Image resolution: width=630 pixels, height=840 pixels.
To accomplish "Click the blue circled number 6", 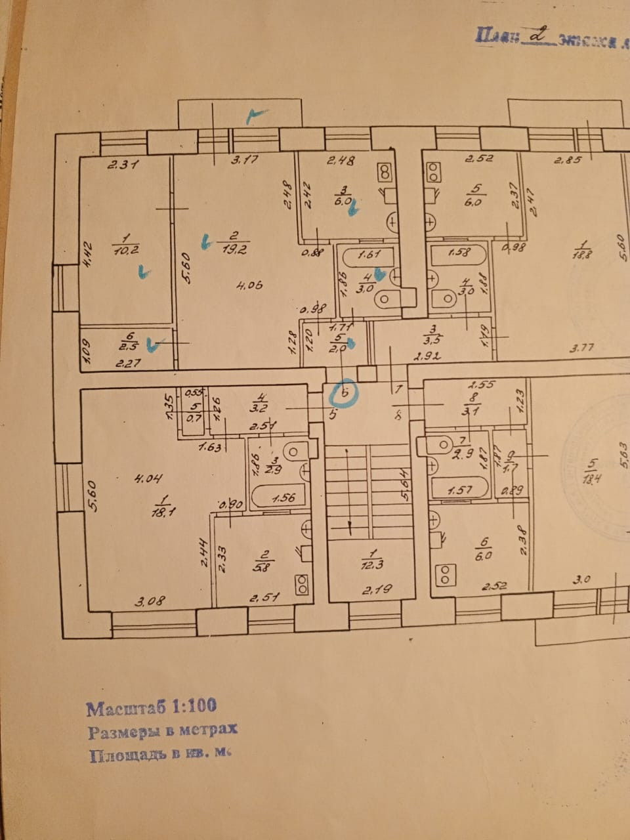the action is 343,394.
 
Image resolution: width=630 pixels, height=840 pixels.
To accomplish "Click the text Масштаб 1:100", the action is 152,707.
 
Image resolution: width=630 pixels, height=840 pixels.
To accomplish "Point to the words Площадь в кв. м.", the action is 161,755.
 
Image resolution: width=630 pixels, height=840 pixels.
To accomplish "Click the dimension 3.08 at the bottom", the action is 150,600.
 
